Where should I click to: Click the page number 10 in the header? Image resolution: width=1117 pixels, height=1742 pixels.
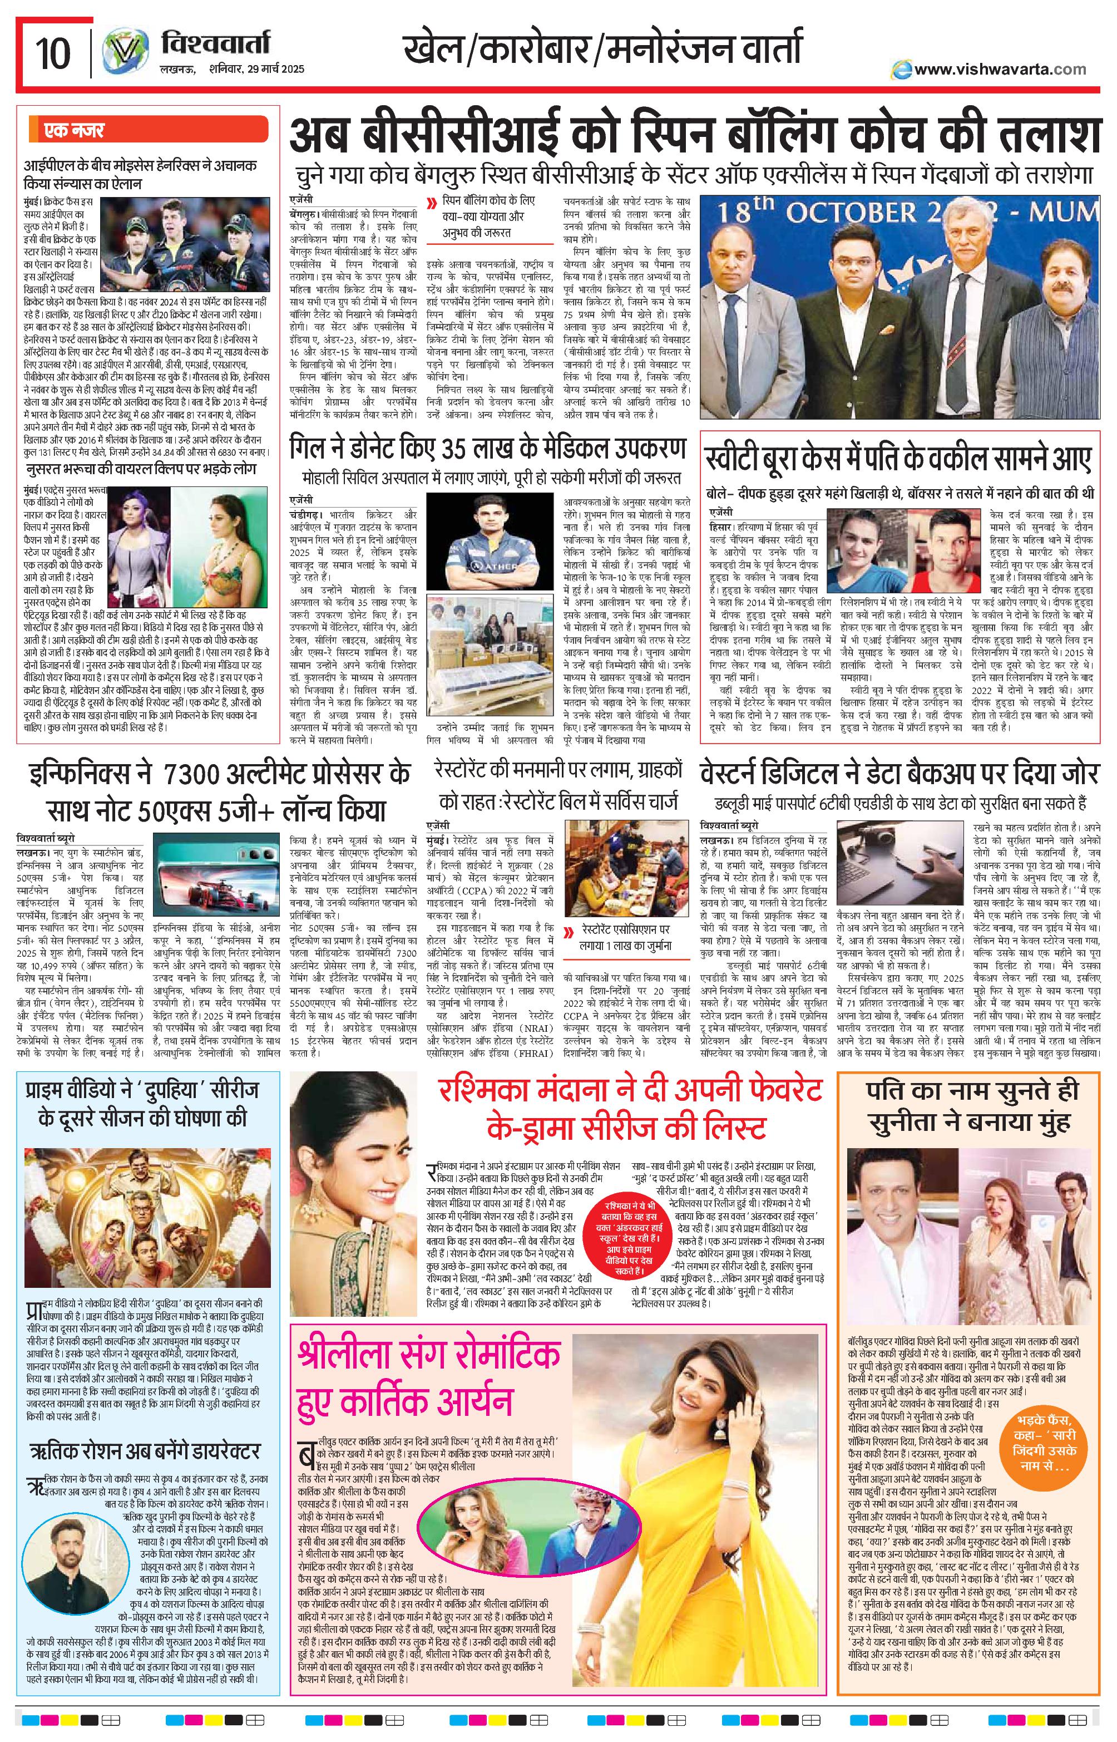pos(53,55)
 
